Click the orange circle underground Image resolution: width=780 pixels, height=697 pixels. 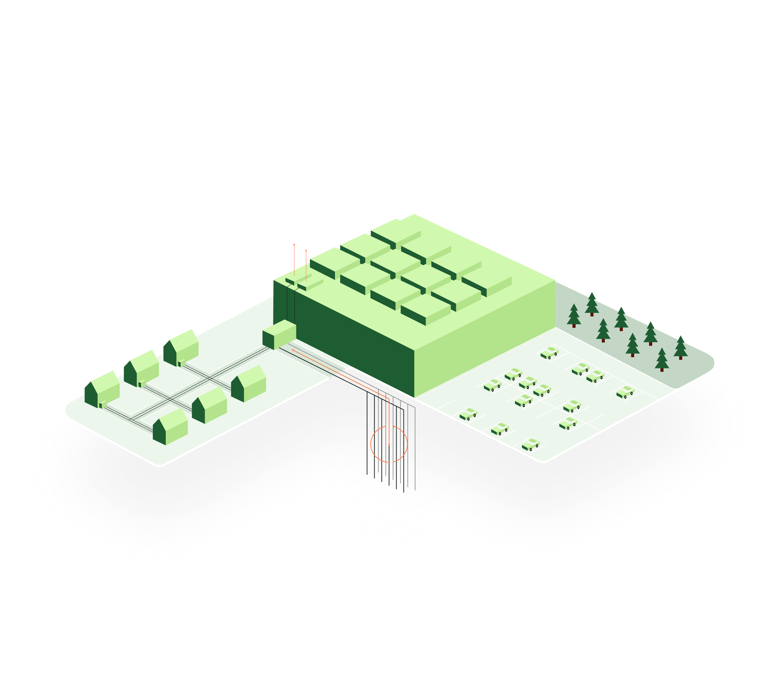point(371,444)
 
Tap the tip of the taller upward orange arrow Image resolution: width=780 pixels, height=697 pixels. point(294,244)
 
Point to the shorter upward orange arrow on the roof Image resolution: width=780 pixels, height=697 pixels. point(306,264)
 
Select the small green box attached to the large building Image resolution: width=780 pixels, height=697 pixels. point(279,335)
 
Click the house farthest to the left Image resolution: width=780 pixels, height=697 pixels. point(102,389)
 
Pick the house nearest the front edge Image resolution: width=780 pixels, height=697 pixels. point(170,426)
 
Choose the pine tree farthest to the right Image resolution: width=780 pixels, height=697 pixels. point(680,348)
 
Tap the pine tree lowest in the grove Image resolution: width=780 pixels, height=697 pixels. point(662,360)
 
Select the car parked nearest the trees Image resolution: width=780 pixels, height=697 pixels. point(625,392)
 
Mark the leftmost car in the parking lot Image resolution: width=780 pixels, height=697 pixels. point(468,414)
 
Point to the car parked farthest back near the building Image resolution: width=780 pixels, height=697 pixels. point(549,353)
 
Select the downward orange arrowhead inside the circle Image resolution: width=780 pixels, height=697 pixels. point(389,445)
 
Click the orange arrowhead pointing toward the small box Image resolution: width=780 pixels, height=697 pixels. point(293,350)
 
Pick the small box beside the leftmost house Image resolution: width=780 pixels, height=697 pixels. point(103,404)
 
